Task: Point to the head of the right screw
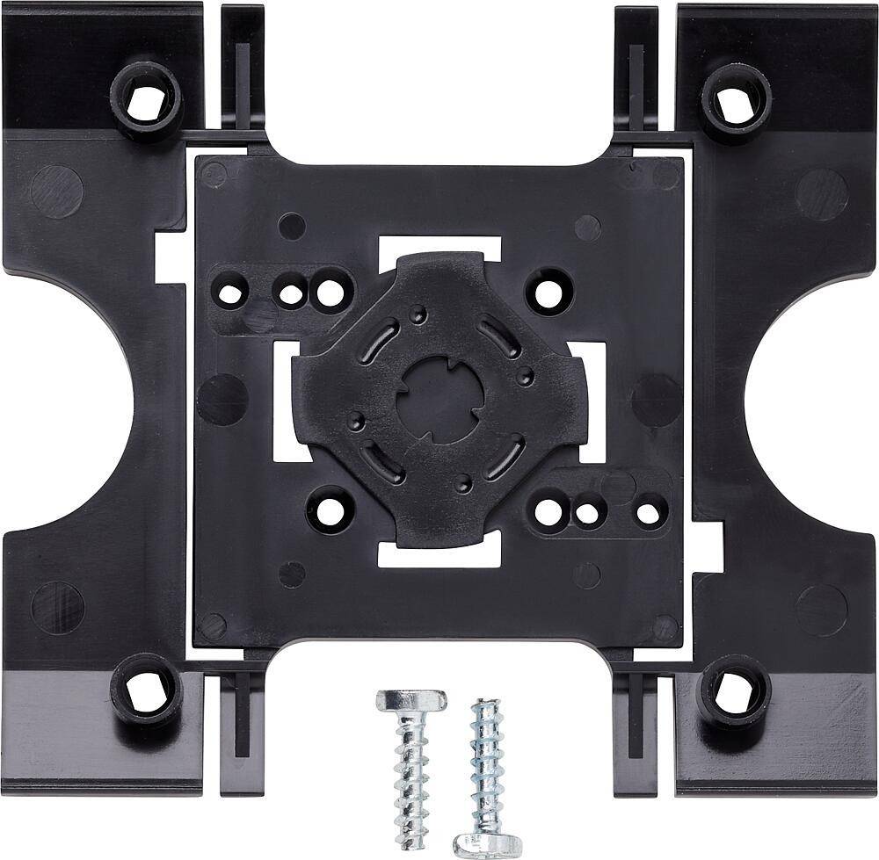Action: coord(482,842)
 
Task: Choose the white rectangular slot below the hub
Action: coord(439,552)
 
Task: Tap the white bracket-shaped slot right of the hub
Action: coord(595,401)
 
